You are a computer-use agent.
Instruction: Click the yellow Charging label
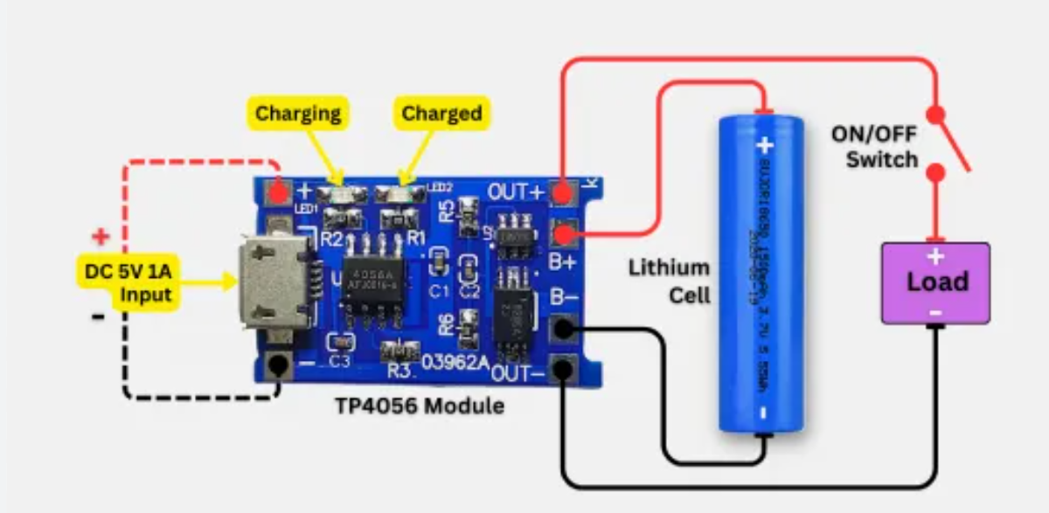pyautogui.click(x=298, y=114)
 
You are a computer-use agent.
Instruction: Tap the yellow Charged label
pyautogui.click(x=441, y=114)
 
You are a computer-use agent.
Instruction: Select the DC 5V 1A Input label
pyautogui.click(x=129, y=281)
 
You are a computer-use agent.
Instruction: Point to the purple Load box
pyautogui.click(x=935, y=282)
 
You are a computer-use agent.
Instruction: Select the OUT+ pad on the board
pyautogui.click(x=565, y=191)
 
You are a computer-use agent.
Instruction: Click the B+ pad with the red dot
pyautogui.click(x=565, y=233)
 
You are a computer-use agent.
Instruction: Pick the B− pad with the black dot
pyautogui.click(x=564, y=329)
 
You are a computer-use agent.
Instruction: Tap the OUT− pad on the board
pyautogui.click(x=564, y=371)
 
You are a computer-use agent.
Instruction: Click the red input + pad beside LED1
pyautogui.click(x=280, y=191)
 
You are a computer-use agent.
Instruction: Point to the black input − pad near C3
pyautogui.click(x=280, y=366)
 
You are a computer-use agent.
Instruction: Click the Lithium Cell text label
pyautogui.click(x=669, y=281)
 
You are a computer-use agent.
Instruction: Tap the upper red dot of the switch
pyautogui.click(x=935, y=114)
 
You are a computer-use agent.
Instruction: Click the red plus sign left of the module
pyautogui.click(x=101, y=236)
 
